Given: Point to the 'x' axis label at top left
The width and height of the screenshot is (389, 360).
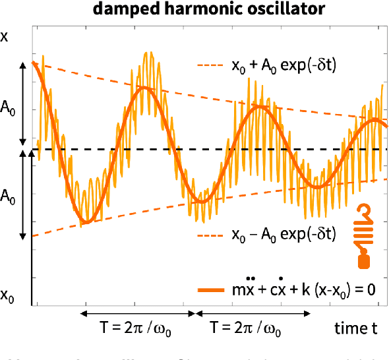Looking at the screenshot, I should tap(5, 37).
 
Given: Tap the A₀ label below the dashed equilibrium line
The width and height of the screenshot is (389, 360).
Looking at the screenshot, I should tap(9, 196).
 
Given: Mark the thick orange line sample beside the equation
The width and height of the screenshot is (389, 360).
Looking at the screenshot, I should tap(212, 290).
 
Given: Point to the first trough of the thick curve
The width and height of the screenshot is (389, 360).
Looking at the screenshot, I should tap(84, 222).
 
